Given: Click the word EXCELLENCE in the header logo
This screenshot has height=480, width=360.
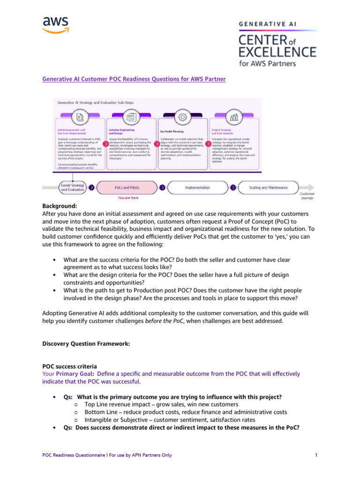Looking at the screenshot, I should point(276,51).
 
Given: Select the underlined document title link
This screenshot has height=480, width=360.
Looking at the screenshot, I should point(134,79).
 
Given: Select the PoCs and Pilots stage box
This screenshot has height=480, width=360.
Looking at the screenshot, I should point(127,187).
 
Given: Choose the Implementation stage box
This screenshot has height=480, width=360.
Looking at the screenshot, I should point(198,187).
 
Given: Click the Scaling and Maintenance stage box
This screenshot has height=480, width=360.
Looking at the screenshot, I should point(269,187).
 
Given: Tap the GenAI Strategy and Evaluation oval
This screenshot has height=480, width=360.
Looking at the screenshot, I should point(72,187).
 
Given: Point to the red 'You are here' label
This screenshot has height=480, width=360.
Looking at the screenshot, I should point(128,198).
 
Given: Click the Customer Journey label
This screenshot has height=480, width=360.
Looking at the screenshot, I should point(307,195).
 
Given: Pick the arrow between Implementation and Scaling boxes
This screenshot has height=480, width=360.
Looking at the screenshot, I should point(233,187).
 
